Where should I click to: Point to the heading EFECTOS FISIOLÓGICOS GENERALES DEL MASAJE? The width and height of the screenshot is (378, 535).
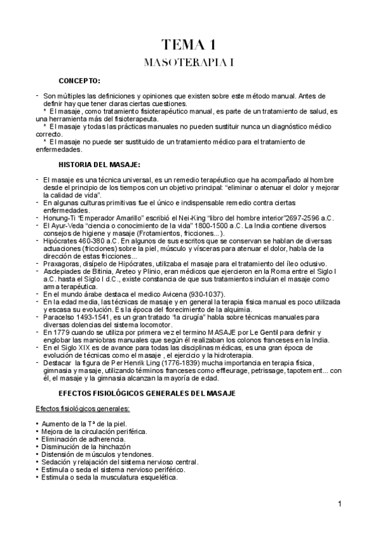(146, 393)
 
